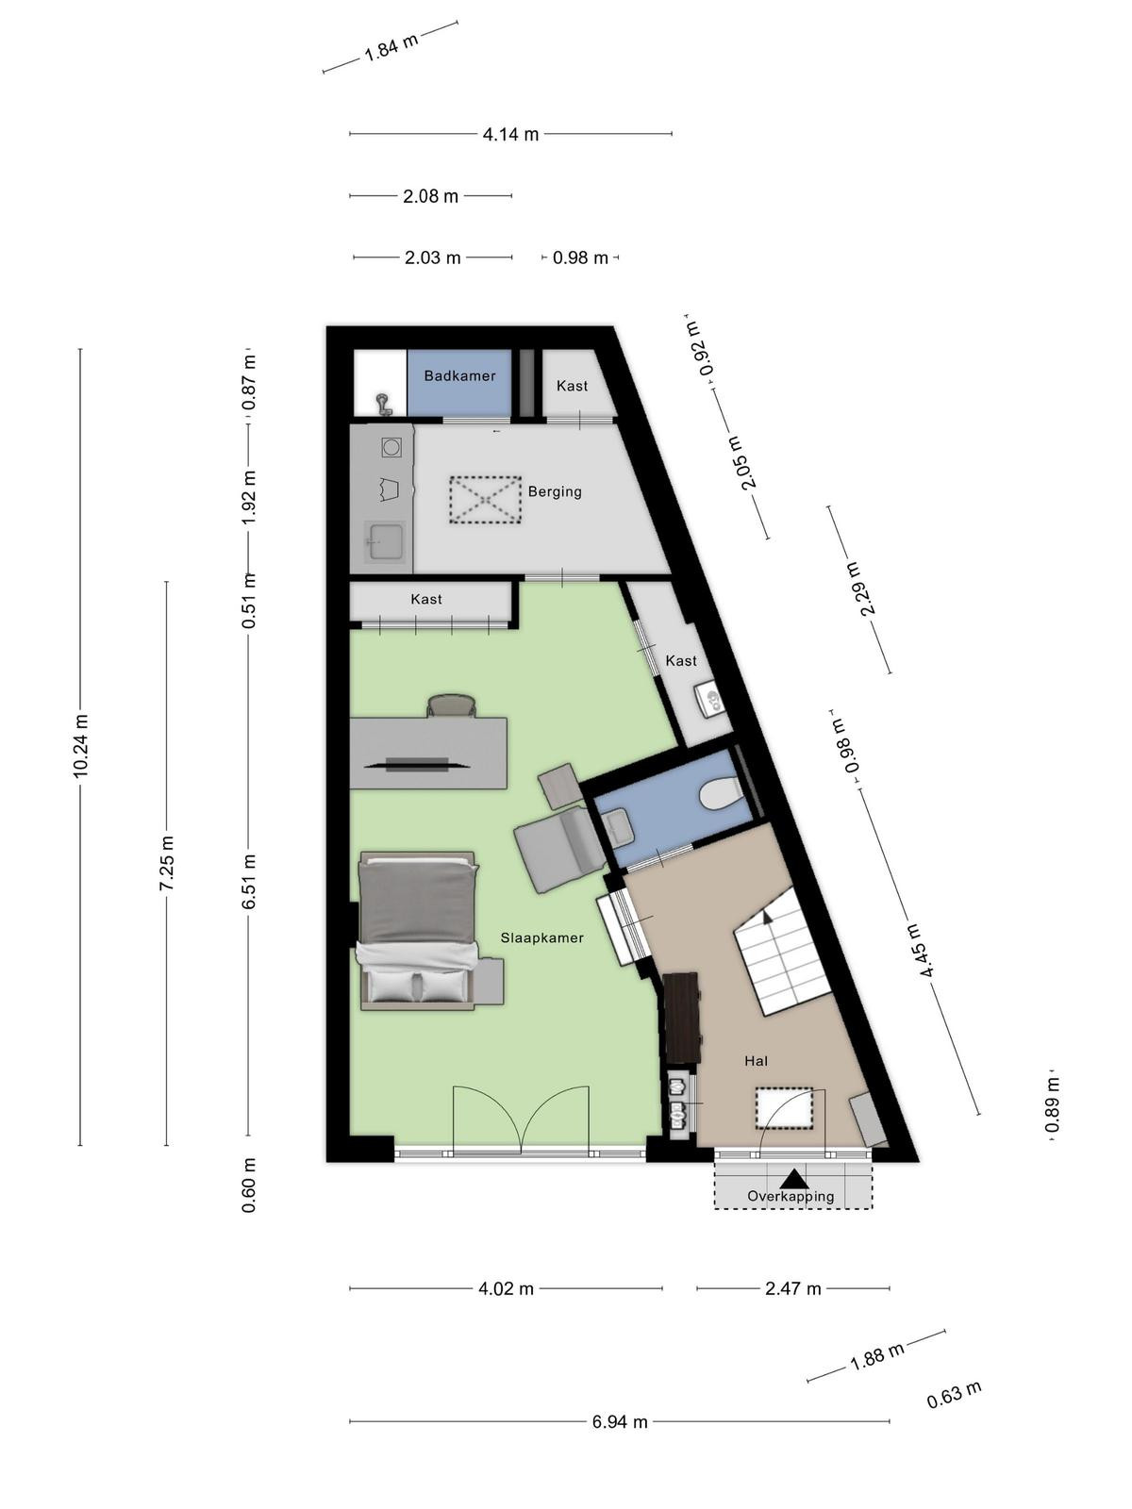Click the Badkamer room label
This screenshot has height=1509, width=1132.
point(459,375)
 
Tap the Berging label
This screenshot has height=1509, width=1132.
point(555,491)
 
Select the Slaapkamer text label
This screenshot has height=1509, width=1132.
point(541,937)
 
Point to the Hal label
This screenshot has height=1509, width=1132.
point(756,1061)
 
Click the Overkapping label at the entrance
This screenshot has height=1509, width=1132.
point(791,1196)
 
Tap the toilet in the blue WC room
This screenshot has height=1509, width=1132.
point(718,792)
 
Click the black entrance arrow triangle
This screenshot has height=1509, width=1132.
point(794,1178)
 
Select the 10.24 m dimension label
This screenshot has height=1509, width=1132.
point(80,747)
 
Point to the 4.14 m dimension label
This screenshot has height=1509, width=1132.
point(510,134)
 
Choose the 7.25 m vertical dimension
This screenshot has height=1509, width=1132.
point(166,864)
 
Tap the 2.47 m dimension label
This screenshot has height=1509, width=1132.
point(793,1287)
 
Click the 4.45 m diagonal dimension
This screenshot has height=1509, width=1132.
point(920,950)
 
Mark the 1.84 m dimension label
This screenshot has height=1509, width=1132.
point(391,47)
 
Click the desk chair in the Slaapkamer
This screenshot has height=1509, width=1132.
point(452,706)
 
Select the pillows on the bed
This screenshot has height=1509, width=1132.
point(419,987)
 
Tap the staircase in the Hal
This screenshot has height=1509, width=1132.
point(784,951)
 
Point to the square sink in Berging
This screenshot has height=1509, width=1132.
point(385,541)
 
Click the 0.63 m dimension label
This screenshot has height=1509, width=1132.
point(954,1395)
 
